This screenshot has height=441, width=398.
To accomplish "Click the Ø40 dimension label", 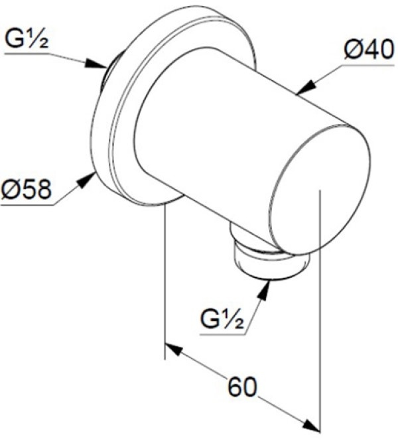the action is pyautogui.click(x=369, y=50).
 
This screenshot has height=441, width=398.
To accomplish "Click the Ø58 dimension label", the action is pyautogui.click(x=27, y=189).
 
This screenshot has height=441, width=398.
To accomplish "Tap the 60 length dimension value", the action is pyautogui.click(x=242, y=387).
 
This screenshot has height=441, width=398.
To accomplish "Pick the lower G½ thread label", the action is pyautogui.click(x=222, y=320).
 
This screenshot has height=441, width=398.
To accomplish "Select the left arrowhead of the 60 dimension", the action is pyautogui.click(x=174, y=349).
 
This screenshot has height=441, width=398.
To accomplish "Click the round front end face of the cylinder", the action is pyautogui.click(x=319, y=190).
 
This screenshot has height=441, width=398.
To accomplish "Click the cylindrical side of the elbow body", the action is pyautogui.click(x=214, y=132).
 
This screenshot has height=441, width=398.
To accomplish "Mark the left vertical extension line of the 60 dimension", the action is pyautogui.click(x=165, y=281).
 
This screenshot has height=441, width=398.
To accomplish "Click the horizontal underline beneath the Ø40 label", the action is pyautogui.click(x=368, y=66).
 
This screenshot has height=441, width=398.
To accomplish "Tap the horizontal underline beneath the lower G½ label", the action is pyautogui.click(x=222, y=335).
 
